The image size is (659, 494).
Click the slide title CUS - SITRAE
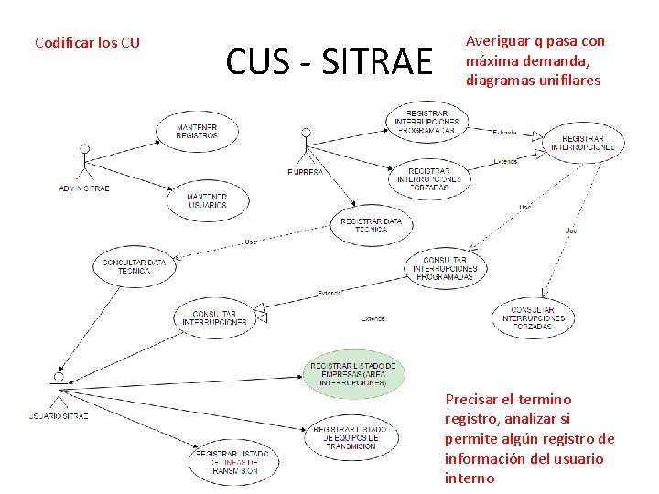[329, 62]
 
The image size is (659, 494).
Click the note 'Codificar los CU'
[87, 42]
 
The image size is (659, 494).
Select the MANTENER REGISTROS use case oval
[197, 132]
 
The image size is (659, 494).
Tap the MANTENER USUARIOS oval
[207, 200]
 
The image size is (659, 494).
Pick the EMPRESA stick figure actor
[306, 146]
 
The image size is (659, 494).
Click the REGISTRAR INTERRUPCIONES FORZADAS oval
[429, 177]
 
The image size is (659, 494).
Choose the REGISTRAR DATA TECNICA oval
[371, 225]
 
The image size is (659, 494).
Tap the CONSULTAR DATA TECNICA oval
[134, 266]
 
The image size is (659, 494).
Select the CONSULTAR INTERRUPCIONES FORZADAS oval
[533, 317]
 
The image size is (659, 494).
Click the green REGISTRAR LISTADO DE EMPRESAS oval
[353, 374]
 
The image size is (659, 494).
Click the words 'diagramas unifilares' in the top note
[533, 81]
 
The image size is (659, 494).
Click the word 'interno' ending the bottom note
[470, 478]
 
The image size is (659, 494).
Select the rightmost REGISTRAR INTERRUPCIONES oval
[583, 142]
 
